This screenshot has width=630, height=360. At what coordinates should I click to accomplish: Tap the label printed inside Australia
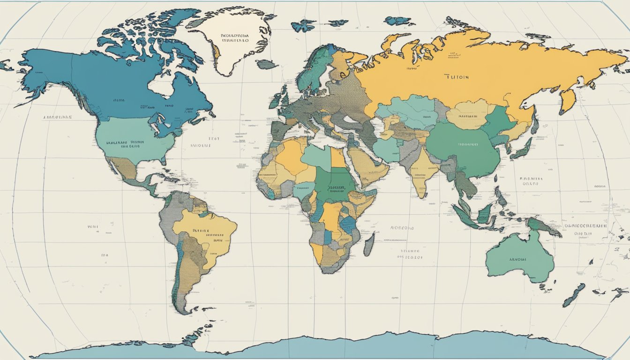click(x=517, y=259)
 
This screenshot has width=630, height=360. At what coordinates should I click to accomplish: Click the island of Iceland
click(x=267, y=64)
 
